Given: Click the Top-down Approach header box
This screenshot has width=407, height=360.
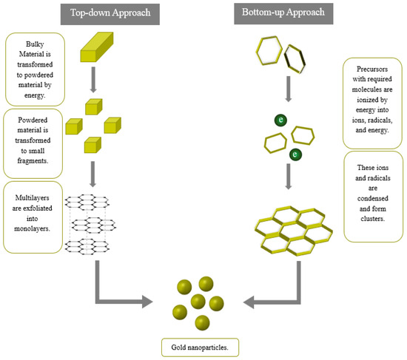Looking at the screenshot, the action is click(110, 14).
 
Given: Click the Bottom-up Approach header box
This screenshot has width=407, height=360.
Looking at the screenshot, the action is click(283, 14).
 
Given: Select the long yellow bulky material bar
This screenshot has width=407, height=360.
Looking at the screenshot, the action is click(97, 47).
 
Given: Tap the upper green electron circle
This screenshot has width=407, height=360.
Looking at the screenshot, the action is click(280, 120).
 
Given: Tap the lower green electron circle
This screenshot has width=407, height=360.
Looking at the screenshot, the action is click(295, 154).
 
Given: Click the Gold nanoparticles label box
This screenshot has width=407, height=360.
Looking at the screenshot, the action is click(200, 347).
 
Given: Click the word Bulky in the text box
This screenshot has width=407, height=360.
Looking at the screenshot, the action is click(35, 44).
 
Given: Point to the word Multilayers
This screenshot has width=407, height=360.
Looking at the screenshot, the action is click(32, 198).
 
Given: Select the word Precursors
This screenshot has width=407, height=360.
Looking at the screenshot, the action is click(372, 69).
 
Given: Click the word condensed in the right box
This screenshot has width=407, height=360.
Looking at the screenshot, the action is click(373, 198).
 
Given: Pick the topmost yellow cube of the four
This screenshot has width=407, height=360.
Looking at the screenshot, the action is click(94, 106).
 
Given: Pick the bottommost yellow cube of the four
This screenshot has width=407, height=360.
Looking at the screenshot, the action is click(92, 145).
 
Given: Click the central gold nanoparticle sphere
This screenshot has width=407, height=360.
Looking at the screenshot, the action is click(198, 302).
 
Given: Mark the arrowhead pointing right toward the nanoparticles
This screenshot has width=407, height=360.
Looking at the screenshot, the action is click(147, 302).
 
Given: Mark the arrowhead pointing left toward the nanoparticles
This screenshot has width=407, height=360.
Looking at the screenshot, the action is click(249, 302).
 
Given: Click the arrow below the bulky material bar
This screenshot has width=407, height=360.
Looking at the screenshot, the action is click(93, 80).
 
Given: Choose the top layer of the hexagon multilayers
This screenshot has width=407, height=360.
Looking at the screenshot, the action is click(87, 202).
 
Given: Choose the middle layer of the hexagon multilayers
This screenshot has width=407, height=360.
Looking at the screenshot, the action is click(94, 225).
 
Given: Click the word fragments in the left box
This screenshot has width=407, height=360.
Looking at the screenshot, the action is click(33, 161).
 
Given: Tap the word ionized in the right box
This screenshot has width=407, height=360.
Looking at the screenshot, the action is click(372, 100).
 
